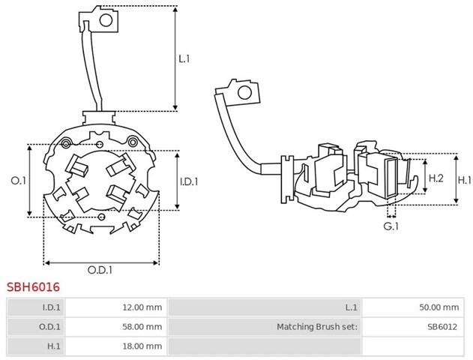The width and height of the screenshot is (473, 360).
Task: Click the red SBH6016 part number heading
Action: tap(33, 287)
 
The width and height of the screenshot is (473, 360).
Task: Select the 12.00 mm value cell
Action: tap(116, 307)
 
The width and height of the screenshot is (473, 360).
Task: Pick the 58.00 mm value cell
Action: tap(116, 327)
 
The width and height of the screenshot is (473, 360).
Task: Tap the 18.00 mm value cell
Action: tap(116, 346)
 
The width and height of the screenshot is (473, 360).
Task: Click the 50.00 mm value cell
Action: tap(413, 307)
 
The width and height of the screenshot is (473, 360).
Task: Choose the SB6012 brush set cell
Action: tap(413, 327)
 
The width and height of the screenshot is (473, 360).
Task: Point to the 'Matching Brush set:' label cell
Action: tap(265, 327)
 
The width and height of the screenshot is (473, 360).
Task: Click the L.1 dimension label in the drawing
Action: tap(184, 58)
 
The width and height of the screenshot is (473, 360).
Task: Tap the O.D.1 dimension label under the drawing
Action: tap(100, 270)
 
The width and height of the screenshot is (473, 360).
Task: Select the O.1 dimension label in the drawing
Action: tap(19, 181)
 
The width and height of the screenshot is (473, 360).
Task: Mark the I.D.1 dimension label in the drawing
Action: tap(189, 181)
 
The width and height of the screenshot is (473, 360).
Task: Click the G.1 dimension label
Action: tap(391, 226)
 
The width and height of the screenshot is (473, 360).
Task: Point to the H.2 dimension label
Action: tap(436, 178)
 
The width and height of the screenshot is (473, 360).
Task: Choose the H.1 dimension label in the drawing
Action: tap(464, 181)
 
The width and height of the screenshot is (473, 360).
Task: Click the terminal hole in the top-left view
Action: tap(106, 20)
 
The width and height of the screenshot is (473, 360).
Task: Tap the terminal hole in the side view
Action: tap(244, 93)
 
